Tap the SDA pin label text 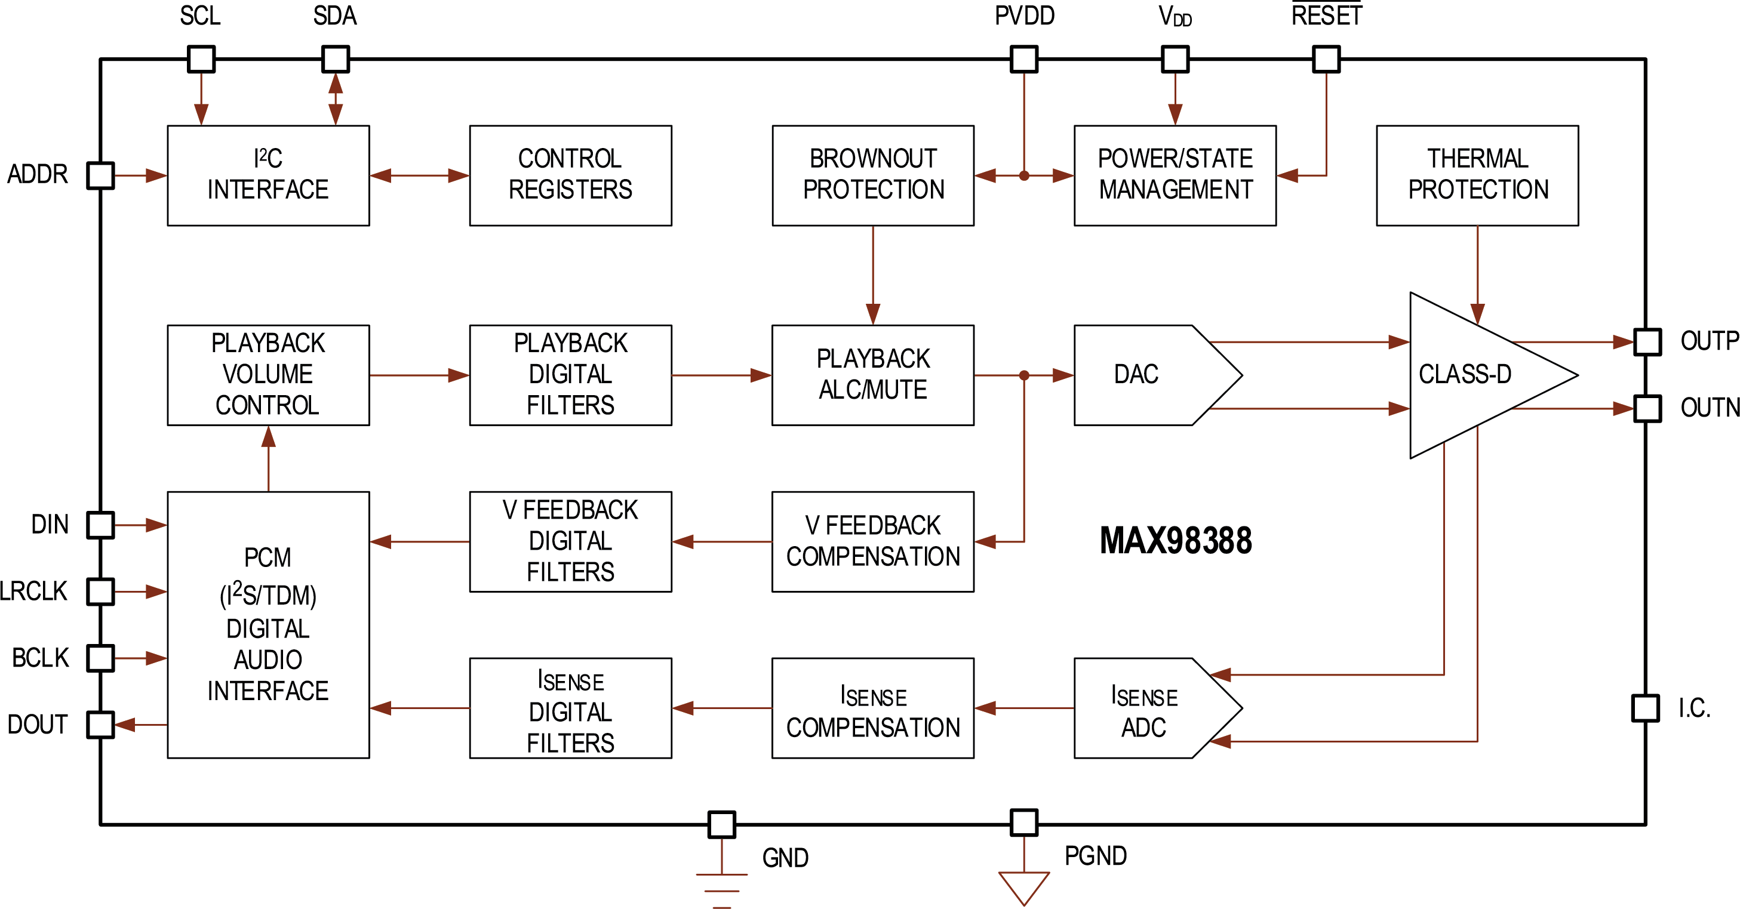tap(334, 16)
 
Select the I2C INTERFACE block tap(268, 175)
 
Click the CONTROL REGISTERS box tap(570, 175)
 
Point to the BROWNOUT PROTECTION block tap(873, 175)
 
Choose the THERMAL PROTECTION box tap(1477, 175)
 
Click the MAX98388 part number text tap(1175, 541)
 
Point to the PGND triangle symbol tap(1024, 887)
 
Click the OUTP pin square tap(1647, 342)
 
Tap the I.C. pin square tap(1646, 708)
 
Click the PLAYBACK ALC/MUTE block tap(873, 375)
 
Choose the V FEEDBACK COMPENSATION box tap(873, 541)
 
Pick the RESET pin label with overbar tap(1327, 15)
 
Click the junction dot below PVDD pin tap(1024, 175)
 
